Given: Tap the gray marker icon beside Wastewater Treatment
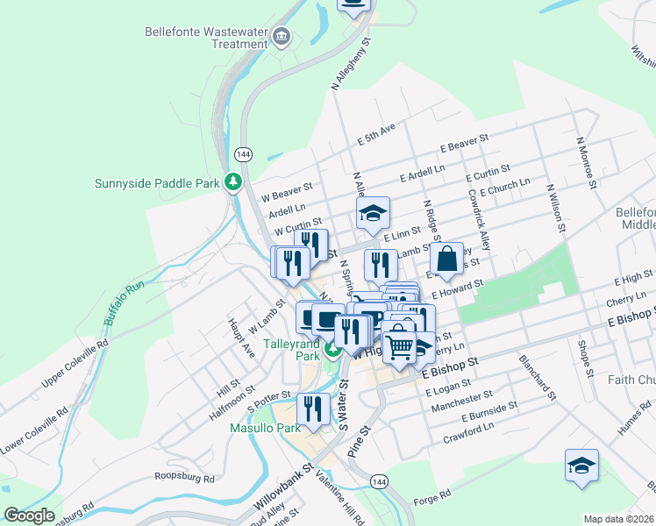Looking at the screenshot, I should pos(282,37).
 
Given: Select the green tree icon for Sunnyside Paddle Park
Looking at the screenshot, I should pos(233,182).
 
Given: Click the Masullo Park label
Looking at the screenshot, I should pos(264,428).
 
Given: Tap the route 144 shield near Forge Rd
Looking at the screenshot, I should pos(378,482).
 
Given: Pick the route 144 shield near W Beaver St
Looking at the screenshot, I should pos(242,154).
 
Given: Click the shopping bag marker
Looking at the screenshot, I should pos(446,259).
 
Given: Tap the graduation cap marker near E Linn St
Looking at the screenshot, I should pos(373,213).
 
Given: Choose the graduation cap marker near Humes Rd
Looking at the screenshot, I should pos(581,466).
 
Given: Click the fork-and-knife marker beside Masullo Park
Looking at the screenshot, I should pos(313,409).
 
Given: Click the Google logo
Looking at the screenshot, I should pos(29,515).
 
